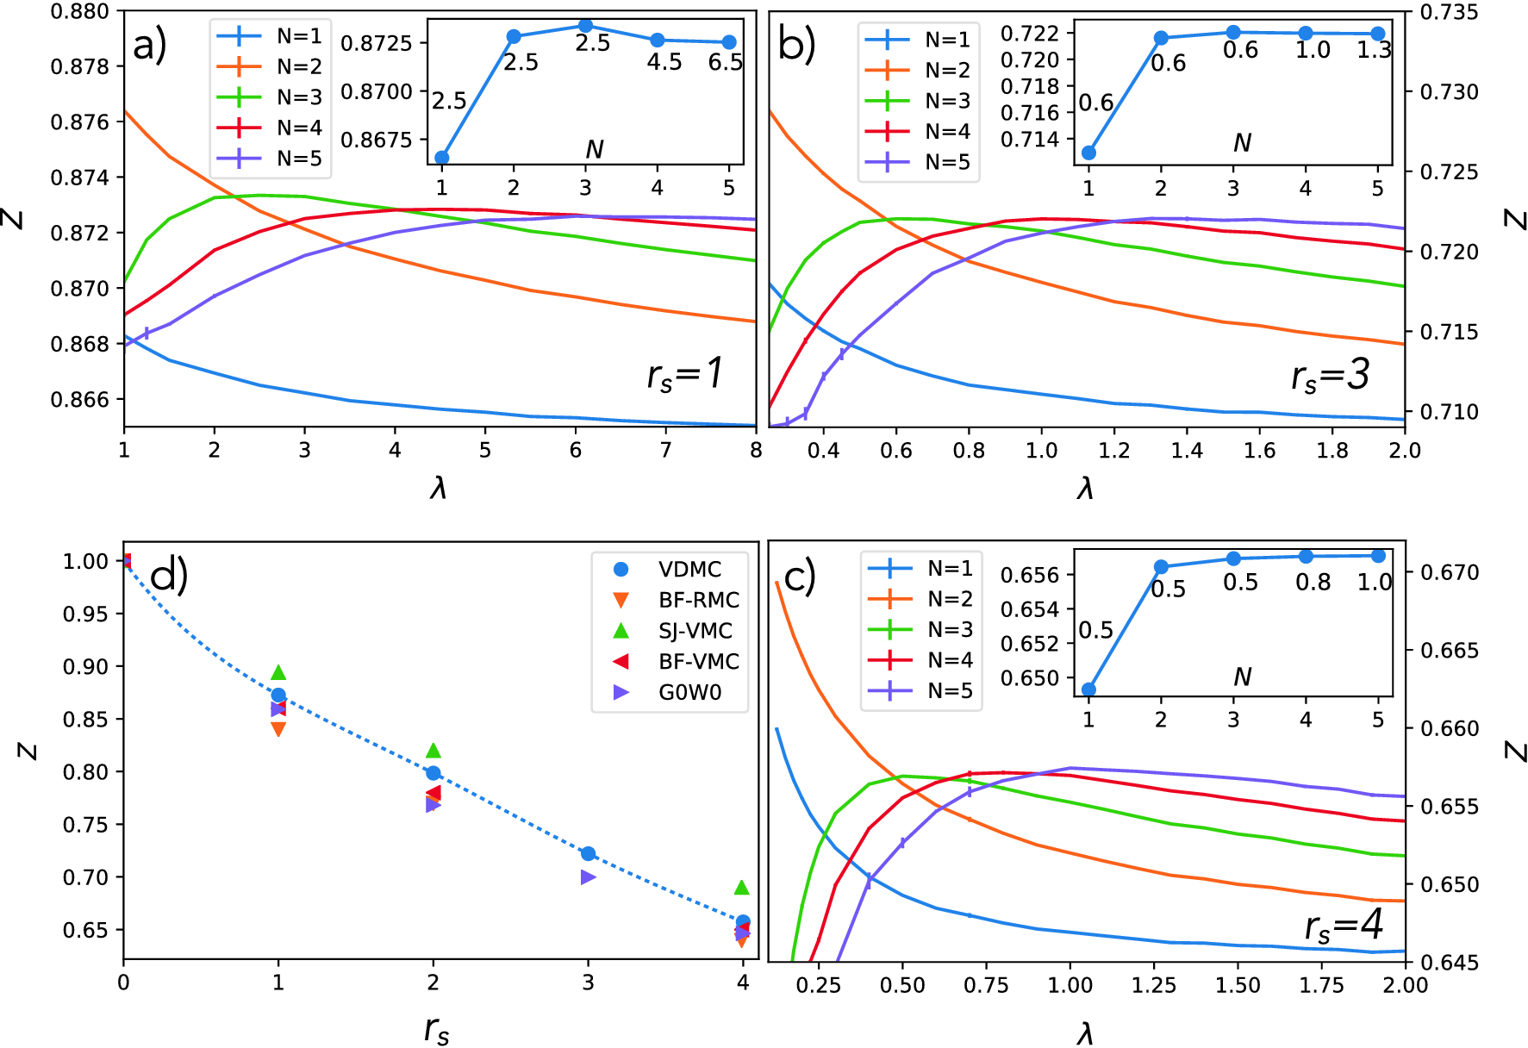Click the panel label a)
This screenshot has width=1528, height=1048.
point(150,45)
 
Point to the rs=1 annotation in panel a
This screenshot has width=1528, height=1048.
point(685,375)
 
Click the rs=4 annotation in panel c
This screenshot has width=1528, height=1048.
point(1344,927)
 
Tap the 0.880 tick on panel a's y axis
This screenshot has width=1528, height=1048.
point(80,11)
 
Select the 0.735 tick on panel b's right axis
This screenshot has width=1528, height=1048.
point(1449,12)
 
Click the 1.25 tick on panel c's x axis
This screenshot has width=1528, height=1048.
point(1154,985)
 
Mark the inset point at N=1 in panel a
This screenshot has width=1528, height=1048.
point(442,158)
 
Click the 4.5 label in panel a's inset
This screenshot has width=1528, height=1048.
point(664,62)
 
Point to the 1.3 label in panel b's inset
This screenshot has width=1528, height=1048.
point(1374,50)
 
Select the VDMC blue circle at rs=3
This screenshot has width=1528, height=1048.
point(589,853)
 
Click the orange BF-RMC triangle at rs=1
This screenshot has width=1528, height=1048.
point(278,729)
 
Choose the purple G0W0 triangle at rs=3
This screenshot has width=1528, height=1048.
point(589,877)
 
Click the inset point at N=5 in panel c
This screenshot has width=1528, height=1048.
point(1378,556)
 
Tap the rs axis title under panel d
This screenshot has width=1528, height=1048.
point(437,1029)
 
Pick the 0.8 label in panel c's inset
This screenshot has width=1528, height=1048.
point(1313,583)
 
